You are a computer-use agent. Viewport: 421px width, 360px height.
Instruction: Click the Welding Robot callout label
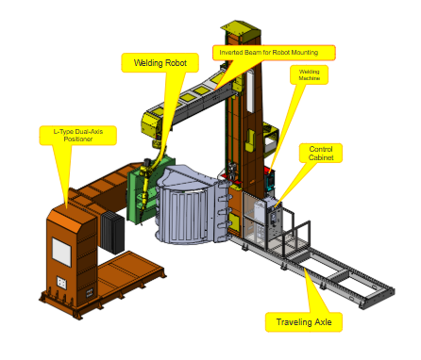[x=160, y=63]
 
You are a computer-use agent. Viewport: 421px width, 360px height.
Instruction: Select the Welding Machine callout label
[x=309, y=74]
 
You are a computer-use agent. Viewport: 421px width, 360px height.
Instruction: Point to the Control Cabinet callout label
[x=321, y=153]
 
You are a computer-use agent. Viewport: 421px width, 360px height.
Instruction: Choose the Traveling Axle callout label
[x=304, y=322]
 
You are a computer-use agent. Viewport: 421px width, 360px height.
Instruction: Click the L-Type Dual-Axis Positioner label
[x=78, y=136]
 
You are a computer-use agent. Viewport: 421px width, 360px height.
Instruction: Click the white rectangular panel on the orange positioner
[x=61, y=253]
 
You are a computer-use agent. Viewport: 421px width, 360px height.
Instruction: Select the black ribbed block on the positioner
[x=112, y=232]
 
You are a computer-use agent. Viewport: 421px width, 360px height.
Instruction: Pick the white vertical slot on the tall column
[x=250, y=91]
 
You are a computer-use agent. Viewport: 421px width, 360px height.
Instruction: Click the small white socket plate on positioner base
[x=61, y=283]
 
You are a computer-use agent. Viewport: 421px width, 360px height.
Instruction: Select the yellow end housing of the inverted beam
[x=152, y=125]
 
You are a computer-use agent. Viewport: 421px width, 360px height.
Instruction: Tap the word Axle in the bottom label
[x=323, y=322]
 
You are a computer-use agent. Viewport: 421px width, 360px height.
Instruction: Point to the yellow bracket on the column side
[x=250, y=140]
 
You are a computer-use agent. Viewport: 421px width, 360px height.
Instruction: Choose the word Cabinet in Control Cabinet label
[x=321, y=157]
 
